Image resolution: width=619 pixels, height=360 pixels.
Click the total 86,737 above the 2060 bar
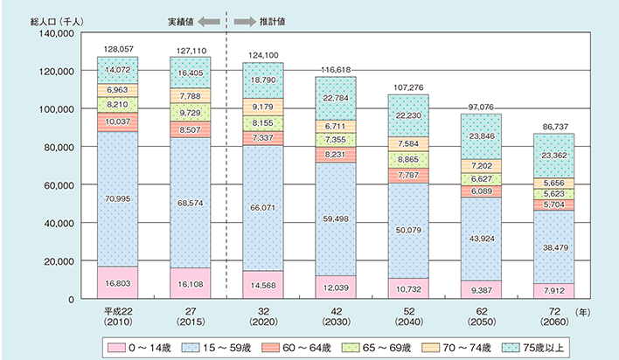click(553, 126)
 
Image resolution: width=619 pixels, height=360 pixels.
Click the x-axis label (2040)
click(406, 316)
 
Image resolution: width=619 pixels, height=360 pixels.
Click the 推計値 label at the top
click(274, 17)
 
